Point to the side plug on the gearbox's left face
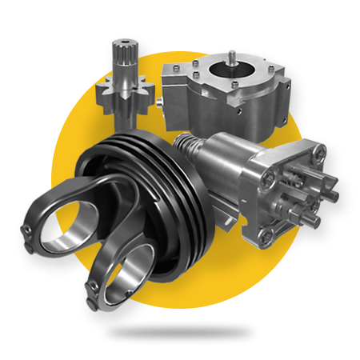click(160, 103)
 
